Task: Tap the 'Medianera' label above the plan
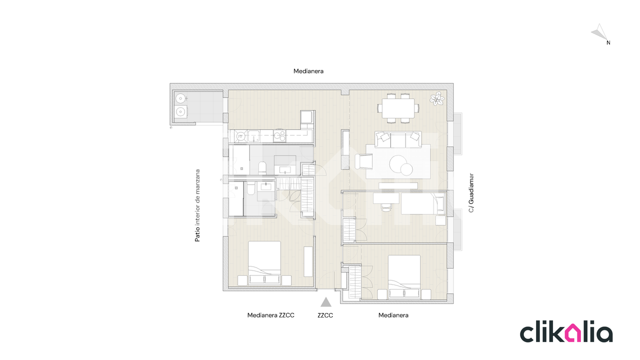[308, 71]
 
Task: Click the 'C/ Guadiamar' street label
[471, 193]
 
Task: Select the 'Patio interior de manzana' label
[197, 205]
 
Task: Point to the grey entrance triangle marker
[325, 302]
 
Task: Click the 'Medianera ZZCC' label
[270, 315]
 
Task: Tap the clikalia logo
[566, 332]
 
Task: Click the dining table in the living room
[398, 108]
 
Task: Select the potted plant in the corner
[437, 98]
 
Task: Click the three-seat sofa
[398, 139]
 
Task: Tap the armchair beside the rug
[363, 161]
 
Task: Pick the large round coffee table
[397, 163]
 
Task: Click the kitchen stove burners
[279, 135]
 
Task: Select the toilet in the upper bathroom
[262, 168]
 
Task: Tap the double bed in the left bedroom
[264, 263]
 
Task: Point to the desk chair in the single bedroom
[386, 207]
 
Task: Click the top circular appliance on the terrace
[180, 98]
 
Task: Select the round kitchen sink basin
[240, 136]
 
